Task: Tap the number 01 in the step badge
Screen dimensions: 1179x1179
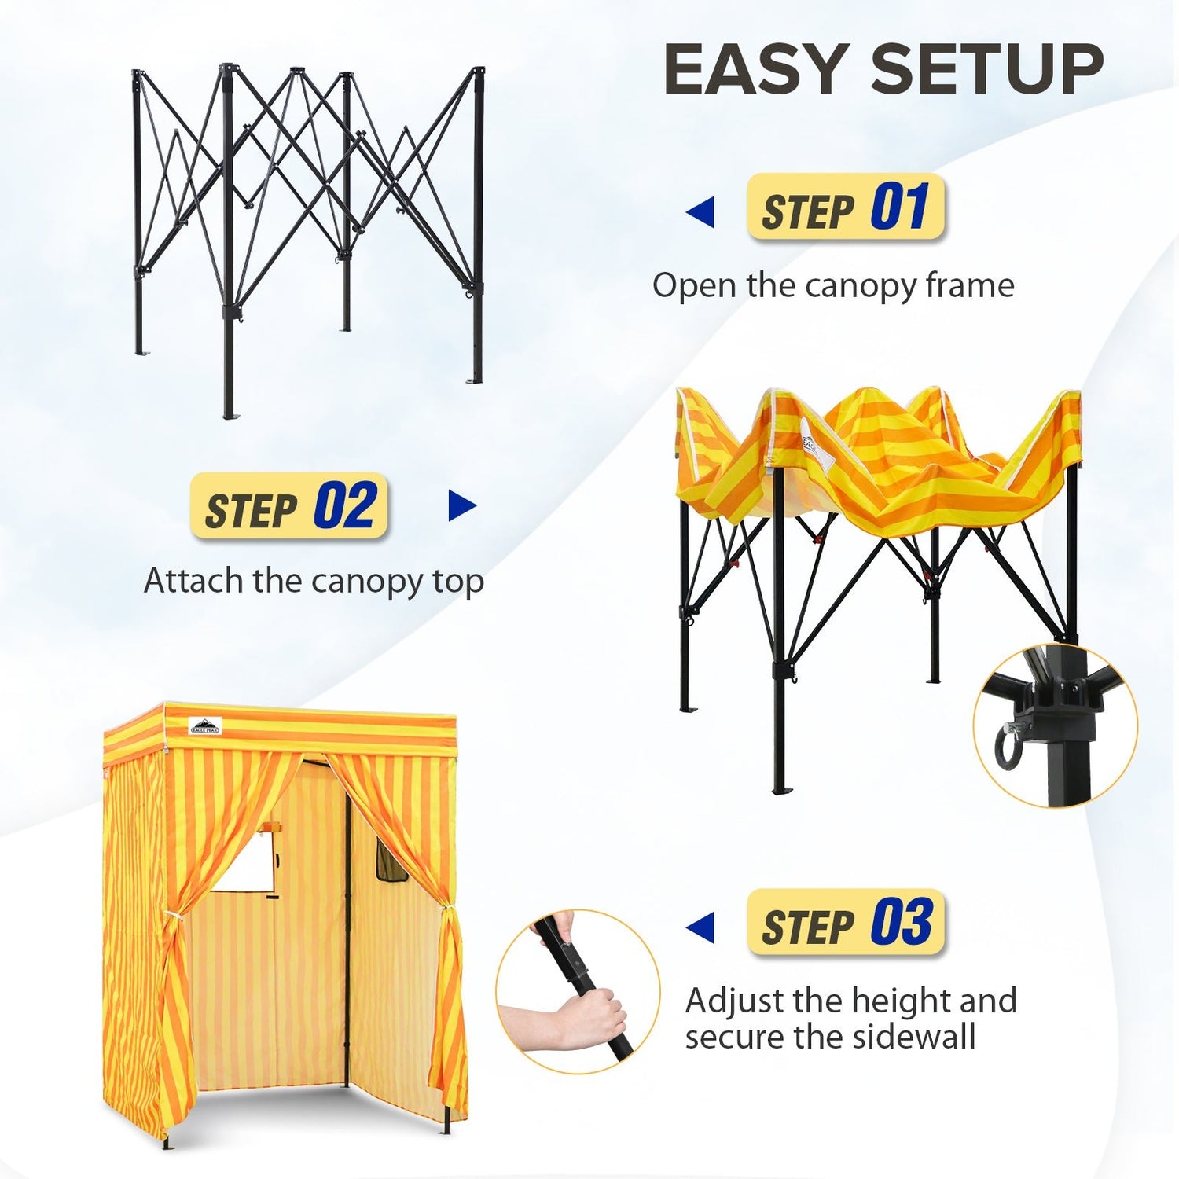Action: click(x=900, y=207)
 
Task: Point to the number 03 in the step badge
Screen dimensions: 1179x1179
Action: click(x=902, y=922)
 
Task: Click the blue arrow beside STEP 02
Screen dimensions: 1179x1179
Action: click(x=462, y=506)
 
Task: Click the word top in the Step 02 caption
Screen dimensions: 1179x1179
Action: click(x=458, y=582)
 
